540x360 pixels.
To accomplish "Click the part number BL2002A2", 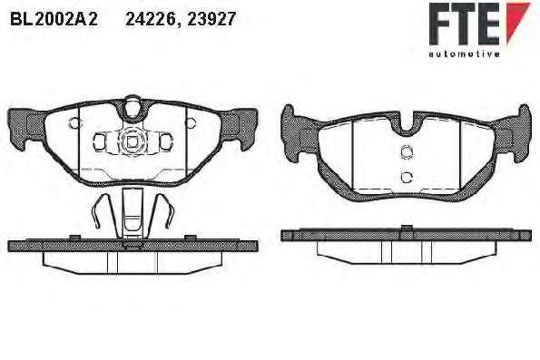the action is point(54,19).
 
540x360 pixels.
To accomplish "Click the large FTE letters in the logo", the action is point(464,24).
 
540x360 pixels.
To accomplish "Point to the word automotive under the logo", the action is point(465,54).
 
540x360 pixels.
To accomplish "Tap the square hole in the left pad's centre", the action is point(132,141).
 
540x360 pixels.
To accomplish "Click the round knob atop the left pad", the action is point(132,106).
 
